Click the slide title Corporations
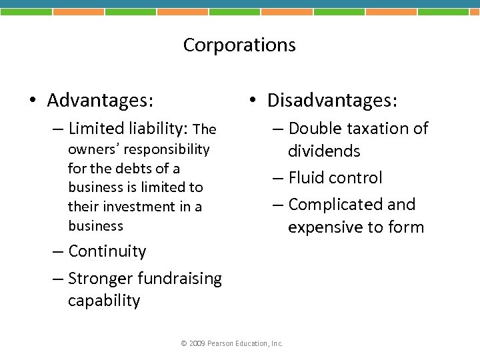239,45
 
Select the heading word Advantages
100,101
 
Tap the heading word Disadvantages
332,101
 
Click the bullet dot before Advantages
32,101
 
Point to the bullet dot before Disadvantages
252,101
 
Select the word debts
133,168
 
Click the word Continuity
107,251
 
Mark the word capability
104,301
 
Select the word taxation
376,129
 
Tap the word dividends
324,151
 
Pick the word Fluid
306,178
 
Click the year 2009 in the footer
197,343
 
